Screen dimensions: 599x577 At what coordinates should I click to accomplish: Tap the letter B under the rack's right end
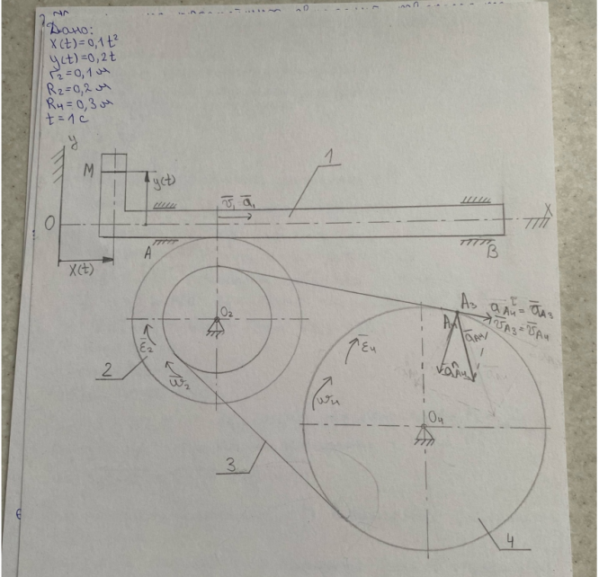(491, 255)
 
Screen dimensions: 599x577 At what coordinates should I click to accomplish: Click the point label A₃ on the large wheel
(469, 302)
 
